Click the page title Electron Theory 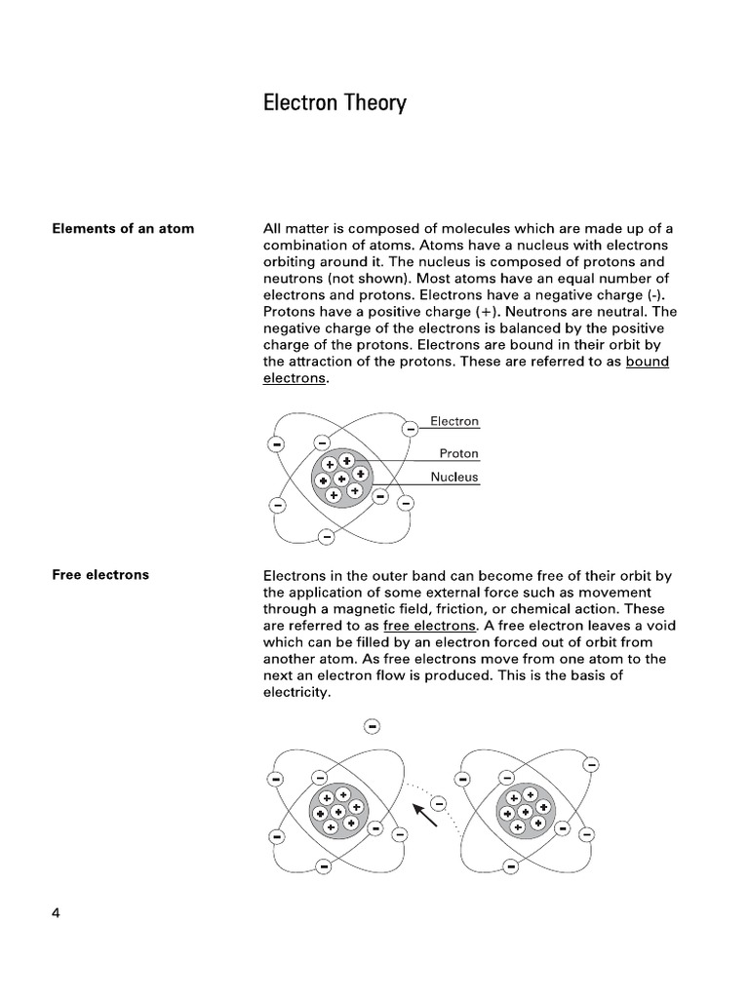tap(335, 103)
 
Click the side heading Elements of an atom tap(123, 229)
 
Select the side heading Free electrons tap(100, 575)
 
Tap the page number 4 tap(56, 913)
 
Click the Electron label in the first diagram tap(454, 421)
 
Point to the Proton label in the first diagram tap(458, 453)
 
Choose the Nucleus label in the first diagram tap(454, 478)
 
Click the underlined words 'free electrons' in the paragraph tap(430, 626)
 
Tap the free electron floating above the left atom tap(372, 726)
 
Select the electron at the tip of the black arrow tap(438, 803)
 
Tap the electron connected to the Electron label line tap(411, 427)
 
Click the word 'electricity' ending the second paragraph tap(297, 693)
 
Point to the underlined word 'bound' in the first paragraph tap(648, 362)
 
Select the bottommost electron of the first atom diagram tap(327, 536)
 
